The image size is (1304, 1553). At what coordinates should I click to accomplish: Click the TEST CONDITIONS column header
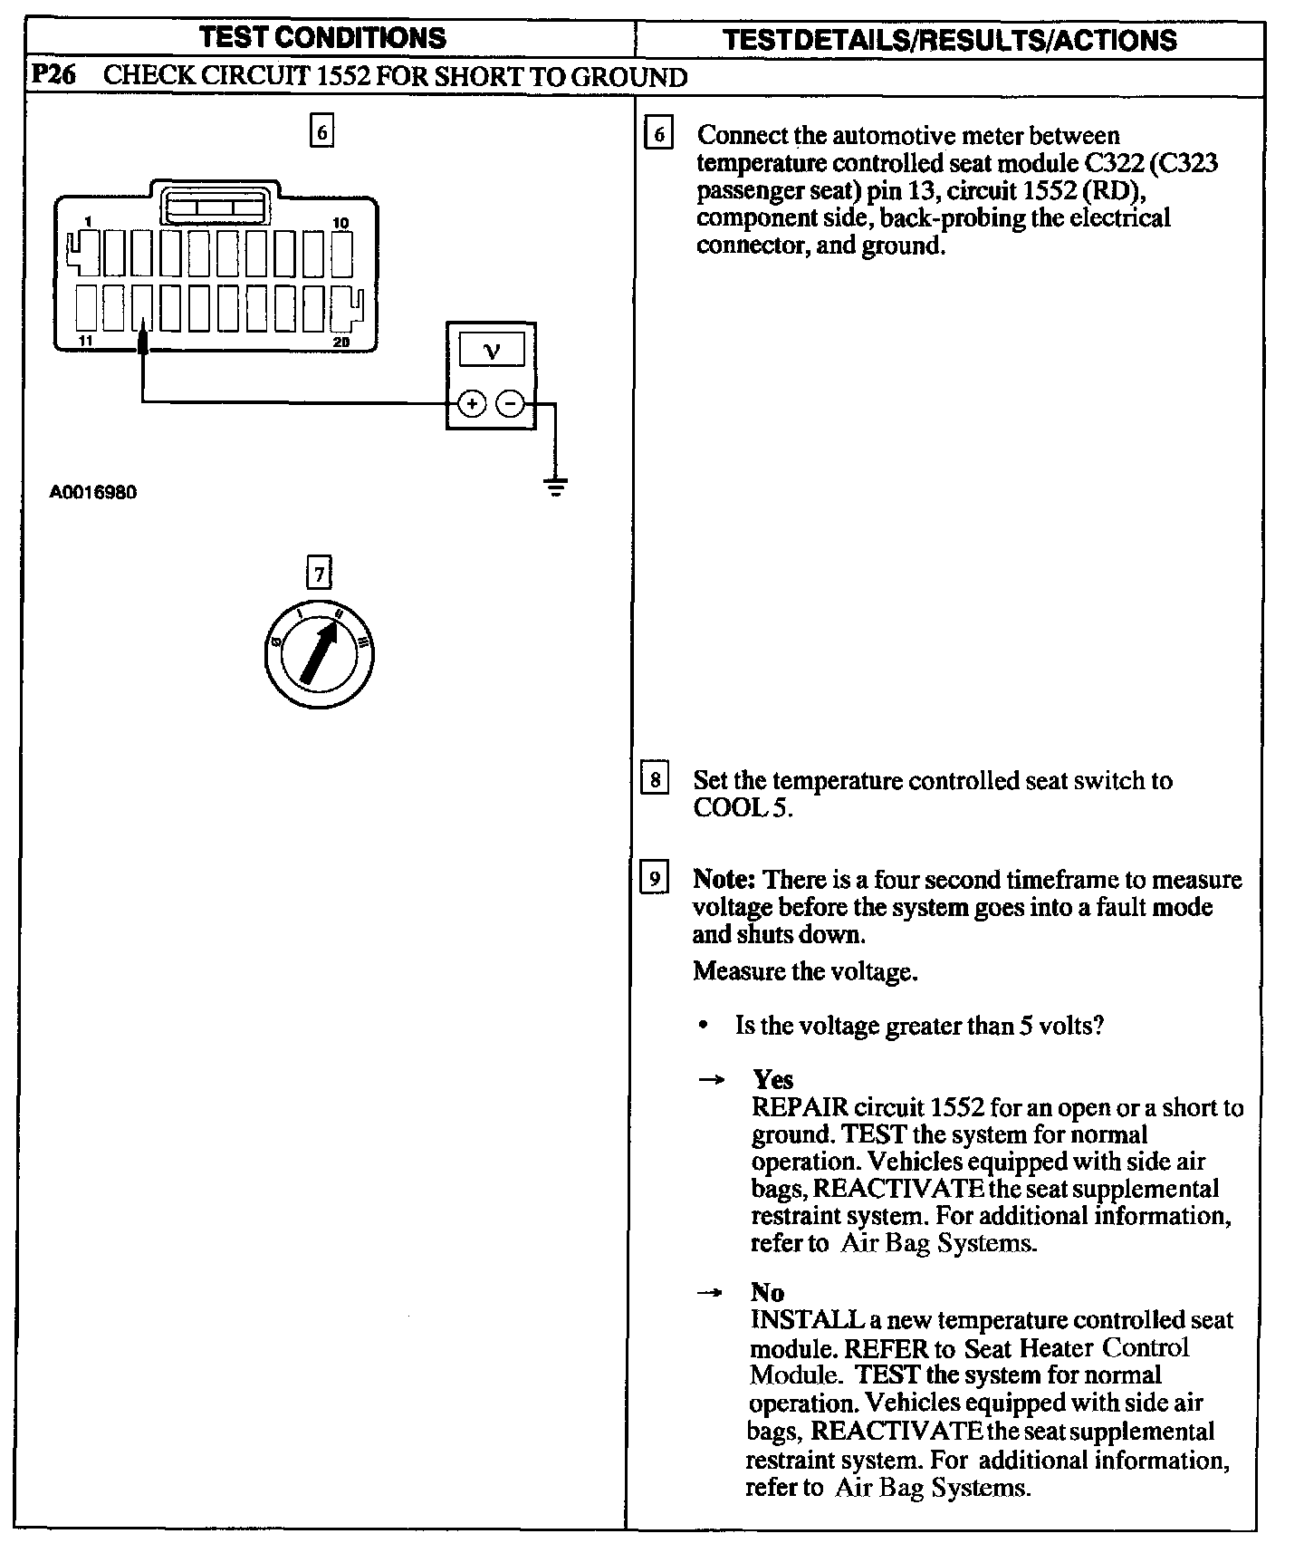pos(322,38)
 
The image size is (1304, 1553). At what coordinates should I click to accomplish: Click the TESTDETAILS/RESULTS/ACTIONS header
pos(950,40)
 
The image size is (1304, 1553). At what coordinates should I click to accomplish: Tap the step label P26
pos(53,75)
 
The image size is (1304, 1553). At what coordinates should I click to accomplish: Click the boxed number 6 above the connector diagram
pos(321,132)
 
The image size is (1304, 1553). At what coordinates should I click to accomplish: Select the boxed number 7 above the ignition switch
pos(318,574)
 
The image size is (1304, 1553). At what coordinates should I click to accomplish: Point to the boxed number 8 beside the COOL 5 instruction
pos(654,779)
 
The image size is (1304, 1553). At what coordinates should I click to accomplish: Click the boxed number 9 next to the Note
pos(654,878)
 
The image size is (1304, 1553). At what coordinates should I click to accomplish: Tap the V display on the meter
pos(491,351)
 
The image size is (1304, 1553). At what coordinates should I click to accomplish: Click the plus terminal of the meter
pos(471,403)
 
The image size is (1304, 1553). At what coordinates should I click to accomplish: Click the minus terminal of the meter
pos(512,403)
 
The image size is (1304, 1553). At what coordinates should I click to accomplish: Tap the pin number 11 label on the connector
pos(84,342)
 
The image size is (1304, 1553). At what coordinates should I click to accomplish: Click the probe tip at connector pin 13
pos(142,339)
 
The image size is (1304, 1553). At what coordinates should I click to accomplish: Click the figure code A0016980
pos(92,493)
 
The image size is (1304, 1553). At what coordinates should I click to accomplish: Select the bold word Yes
pos(772,1079)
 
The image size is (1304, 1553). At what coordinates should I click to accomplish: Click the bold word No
pos(767,1292)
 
